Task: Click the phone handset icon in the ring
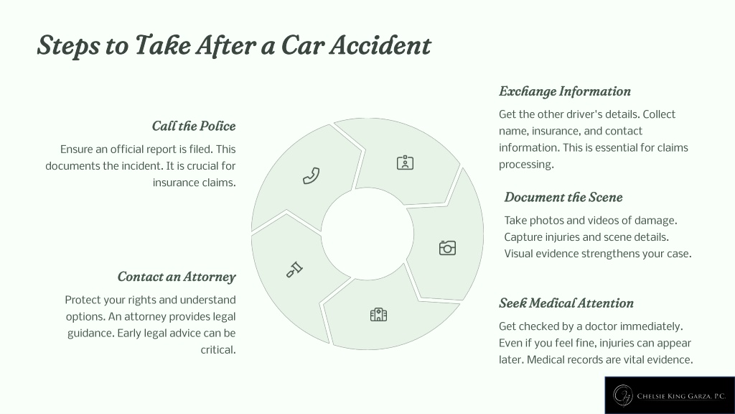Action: [312, 175]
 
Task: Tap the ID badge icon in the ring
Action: [405, 162]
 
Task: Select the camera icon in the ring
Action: [447, 248]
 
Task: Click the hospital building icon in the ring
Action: [378, 315]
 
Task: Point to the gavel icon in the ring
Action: [294, 270]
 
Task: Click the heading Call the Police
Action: [194, 126]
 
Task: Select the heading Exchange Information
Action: [565, 91]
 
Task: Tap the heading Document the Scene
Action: [563, 197]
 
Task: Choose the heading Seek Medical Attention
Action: [566, 303]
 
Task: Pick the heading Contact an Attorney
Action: [177, 277]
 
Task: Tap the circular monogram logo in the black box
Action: [624, 395]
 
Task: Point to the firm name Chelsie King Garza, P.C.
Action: [681, 396]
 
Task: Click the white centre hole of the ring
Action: [367, 234]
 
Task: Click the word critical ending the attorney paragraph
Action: [218, 350]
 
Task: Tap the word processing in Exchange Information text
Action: [526, 165]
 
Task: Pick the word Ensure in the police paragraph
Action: [76, 149]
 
